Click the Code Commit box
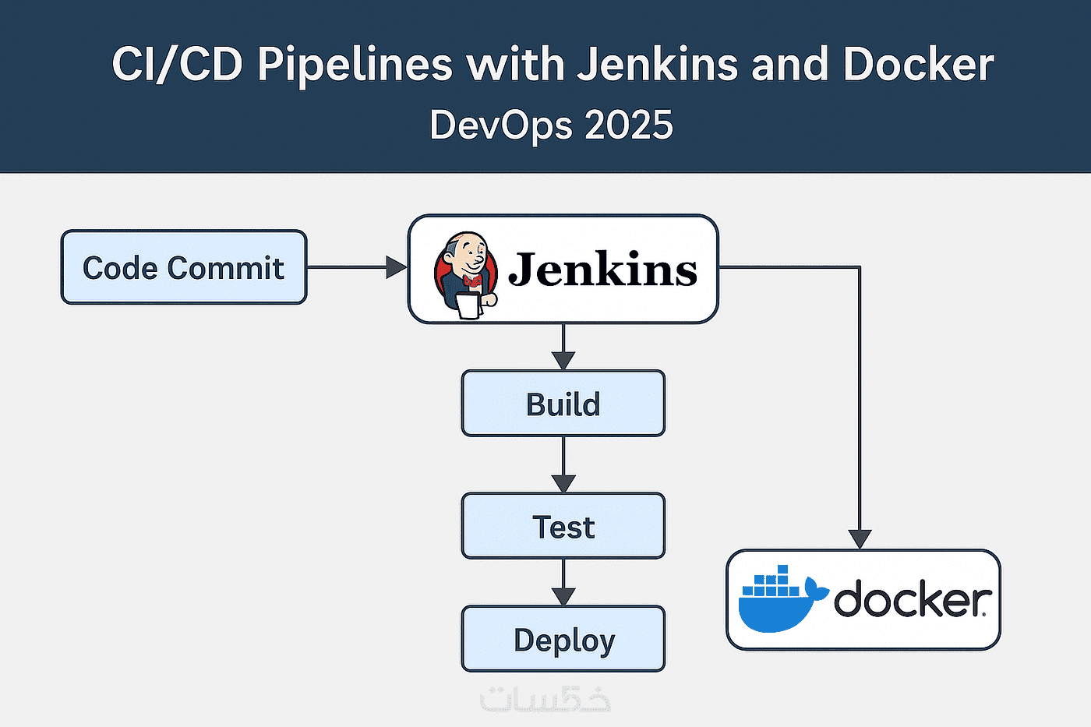coord(184,267)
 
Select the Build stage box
coord(563,404)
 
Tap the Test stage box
coord(563,526)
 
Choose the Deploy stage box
coord(563,639)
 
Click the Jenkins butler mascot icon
coord(467,274)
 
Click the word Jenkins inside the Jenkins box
coord(602,269)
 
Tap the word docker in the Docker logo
coord(912,599)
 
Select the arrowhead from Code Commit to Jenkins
coord(397,267)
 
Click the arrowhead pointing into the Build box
coord(563,360)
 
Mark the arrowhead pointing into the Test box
coord(563,483)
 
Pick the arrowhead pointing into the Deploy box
coord(563,596)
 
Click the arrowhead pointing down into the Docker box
coord(860,539)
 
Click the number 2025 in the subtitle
coord(629,125)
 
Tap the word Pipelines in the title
coord(355,65)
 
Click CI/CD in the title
coord(178,65)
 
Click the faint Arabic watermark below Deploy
coord(545,699)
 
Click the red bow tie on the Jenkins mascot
coord(471,280)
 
